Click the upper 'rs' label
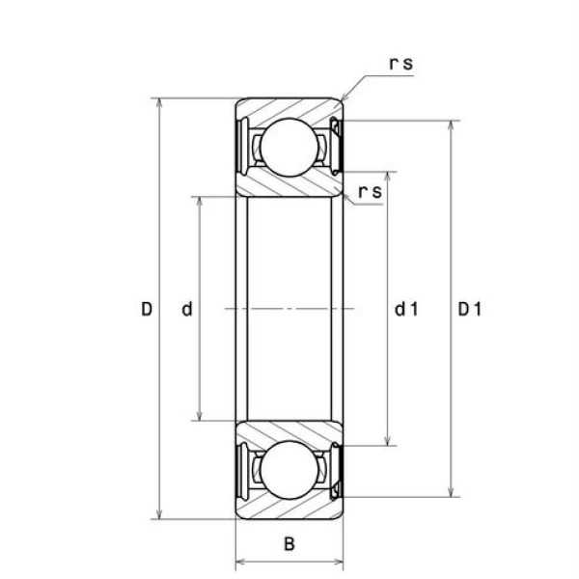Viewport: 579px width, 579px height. [401, 63]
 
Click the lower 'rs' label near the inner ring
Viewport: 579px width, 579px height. [370, 191]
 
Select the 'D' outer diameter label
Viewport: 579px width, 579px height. [147, 309]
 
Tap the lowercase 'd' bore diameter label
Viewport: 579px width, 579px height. [187, 309]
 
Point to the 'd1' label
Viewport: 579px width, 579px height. [406, 309]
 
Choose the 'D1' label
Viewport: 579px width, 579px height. [470, 309]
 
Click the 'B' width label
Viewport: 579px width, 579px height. [289, 544]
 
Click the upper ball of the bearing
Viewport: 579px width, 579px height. [289, 147]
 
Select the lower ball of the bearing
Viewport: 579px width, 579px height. [289, 470]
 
